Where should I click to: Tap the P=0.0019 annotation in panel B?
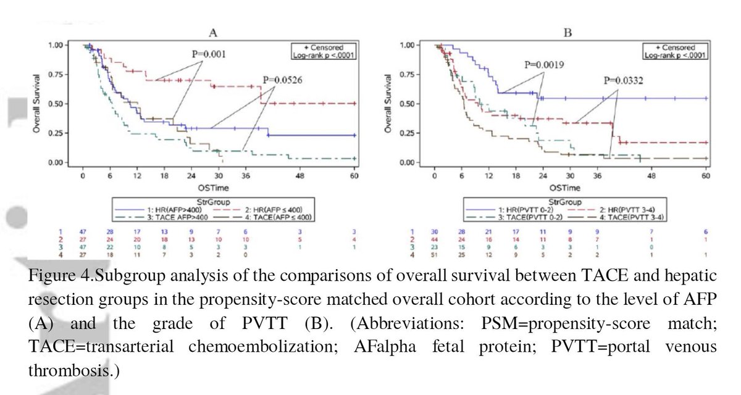pyautogui.click(x=543, y=64)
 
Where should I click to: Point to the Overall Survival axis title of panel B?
pyautogui.click(x=388, y=104)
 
